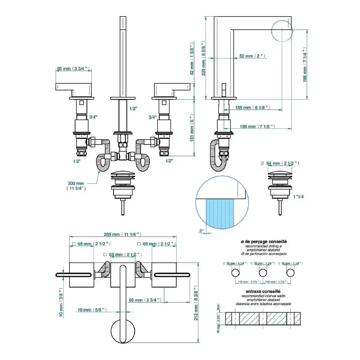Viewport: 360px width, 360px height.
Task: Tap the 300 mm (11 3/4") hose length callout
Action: (76, 186)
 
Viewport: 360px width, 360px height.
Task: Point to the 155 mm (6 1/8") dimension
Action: (251, 107)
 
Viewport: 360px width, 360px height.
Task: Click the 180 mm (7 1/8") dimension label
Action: (257, 126)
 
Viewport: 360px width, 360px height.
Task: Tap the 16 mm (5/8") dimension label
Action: (92, 310)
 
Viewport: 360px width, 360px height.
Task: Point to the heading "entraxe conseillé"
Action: (260, 291)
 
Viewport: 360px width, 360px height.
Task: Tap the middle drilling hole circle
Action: (262, 273)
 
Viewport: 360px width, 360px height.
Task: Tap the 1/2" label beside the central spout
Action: (133, 109)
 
